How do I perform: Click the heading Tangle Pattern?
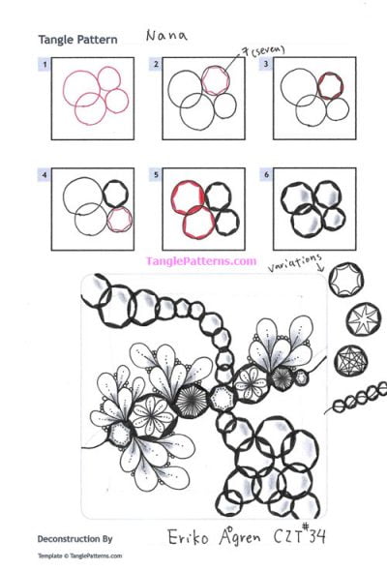[77, 41]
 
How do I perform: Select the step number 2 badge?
[156, 65]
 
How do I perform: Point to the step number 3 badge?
[266, 65]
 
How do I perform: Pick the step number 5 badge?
[156, 176]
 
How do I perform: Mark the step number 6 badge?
[266, 176]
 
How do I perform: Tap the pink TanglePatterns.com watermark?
[200, 260]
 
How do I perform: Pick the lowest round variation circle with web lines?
[349, 362]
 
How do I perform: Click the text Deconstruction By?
[75, 536]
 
